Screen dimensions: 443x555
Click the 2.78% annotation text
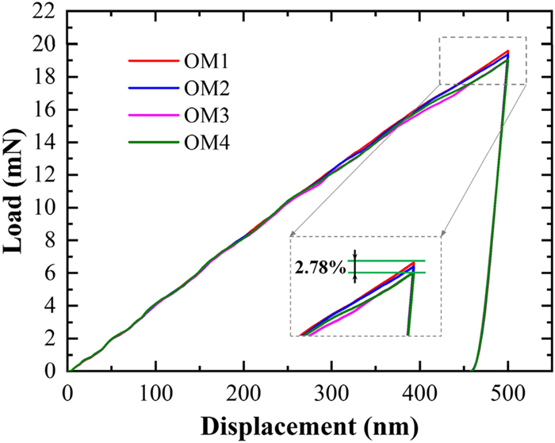pos(321,269)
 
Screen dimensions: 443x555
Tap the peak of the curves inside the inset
pos(413,263)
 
